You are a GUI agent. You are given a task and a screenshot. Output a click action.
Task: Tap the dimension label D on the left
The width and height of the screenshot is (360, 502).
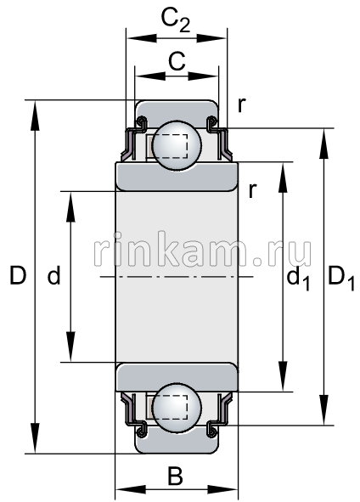click(15, 275)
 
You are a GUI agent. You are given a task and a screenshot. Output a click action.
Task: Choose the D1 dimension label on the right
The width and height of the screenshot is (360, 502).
click(341, 278)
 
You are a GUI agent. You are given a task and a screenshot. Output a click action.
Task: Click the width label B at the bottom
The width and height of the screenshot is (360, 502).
click(175, 477)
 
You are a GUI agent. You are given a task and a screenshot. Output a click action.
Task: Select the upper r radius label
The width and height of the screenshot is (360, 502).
click(242, 104)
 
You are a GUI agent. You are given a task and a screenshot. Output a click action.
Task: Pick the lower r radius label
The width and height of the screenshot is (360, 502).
click(252, 189)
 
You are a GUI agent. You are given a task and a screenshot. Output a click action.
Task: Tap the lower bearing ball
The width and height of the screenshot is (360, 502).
click(176, 409)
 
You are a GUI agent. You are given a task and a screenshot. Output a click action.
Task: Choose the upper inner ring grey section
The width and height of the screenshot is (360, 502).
click(176, 175)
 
